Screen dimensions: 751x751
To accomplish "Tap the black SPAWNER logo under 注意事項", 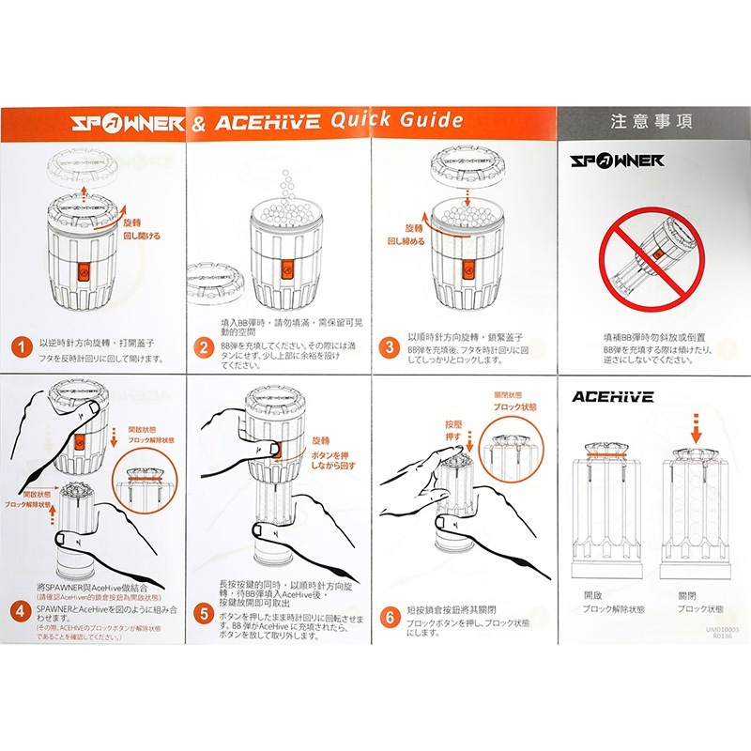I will tap(618, 161).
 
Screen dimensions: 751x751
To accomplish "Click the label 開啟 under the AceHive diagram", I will tap(592, 595).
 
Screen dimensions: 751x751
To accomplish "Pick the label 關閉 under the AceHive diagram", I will tap(688, 595).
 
